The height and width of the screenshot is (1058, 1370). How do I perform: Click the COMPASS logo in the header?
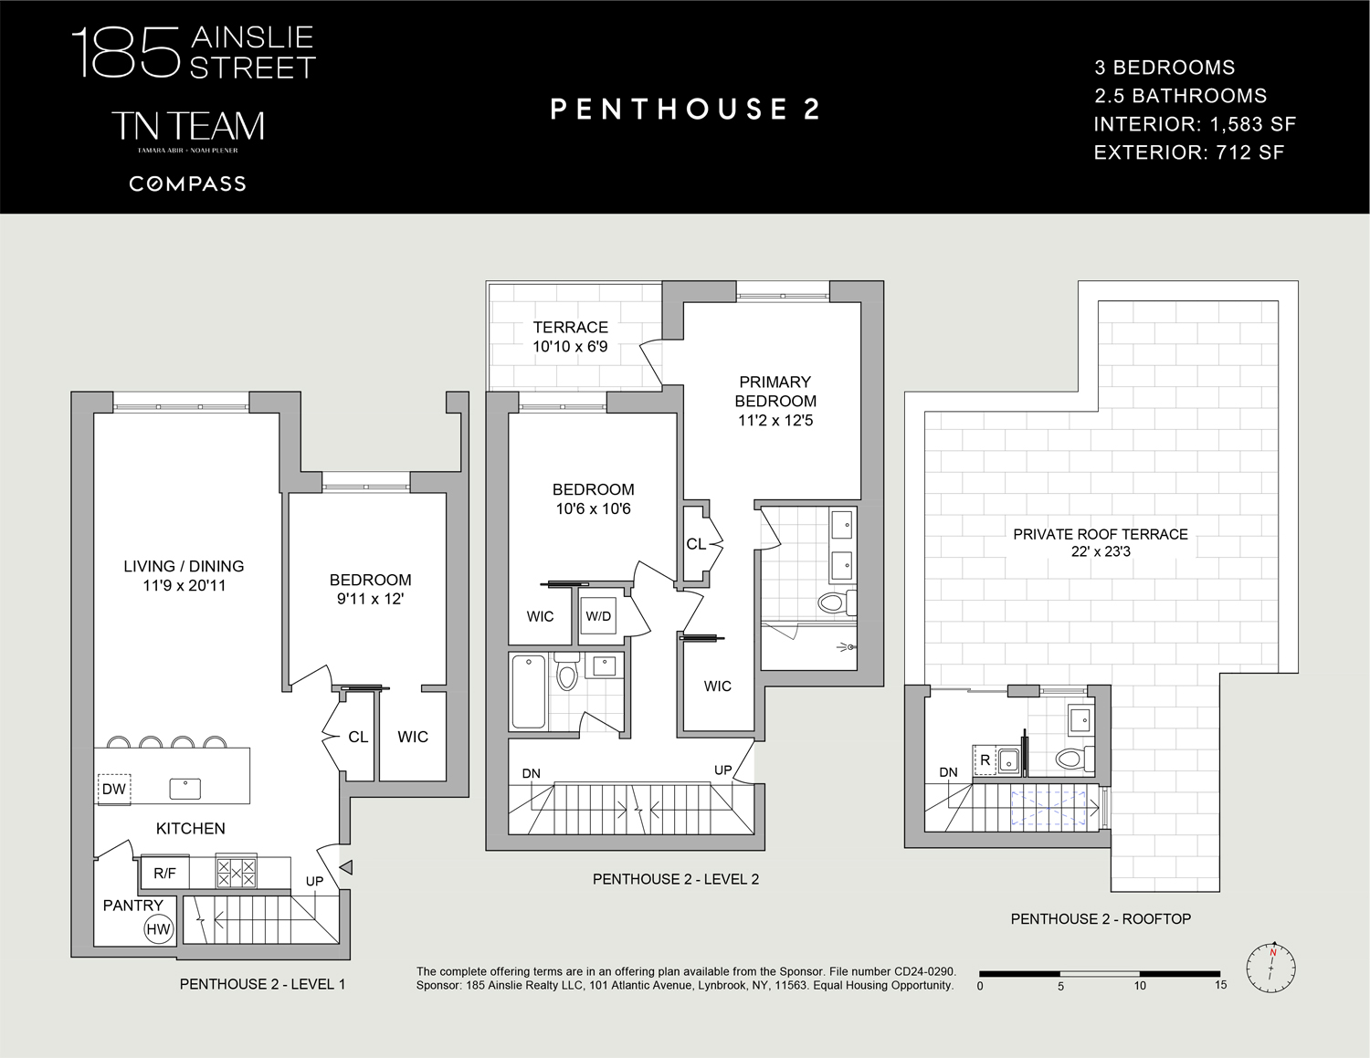pos(187,183)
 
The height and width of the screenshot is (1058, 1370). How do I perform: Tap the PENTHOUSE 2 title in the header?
pos(685,109)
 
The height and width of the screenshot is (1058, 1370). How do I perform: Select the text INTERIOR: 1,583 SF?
pos(1195,124)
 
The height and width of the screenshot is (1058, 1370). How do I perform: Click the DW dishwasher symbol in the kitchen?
pos(114,790)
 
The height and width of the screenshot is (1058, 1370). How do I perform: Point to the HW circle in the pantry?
pos(158,928)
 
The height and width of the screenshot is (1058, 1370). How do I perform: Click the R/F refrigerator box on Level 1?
pos(164,873)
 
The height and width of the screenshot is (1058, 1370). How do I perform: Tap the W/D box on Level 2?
pos(597,616)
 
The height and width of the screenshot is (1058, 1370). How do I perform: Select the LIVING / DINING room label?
pos(184,575)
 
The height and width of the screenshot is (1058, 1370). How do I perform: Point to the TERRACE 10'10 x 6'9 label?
pos(570,337)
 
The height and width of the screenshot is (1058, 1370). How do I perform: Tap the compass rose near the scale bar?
pos(1271,969)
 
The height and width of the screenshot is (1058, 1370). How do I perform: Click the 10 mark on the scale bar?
pos(1140,986)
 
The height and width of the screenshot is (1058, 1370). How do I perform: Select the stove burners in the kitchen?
pos(237,873)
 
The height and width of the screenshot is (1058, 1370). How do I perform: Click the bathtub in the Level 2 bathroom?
pos(528,691)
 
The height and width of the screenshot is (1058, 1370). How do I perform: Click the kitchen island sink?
pos(185,789)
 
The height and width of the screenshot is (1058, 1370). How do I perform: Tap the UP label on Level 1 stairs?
pos(314,881)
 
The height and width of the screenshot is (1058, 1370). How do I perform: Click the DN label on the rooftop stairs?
pos(948,772)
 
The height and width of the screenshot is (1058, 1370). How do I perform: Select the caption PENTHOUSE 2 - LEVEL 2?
pos(676,879)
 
